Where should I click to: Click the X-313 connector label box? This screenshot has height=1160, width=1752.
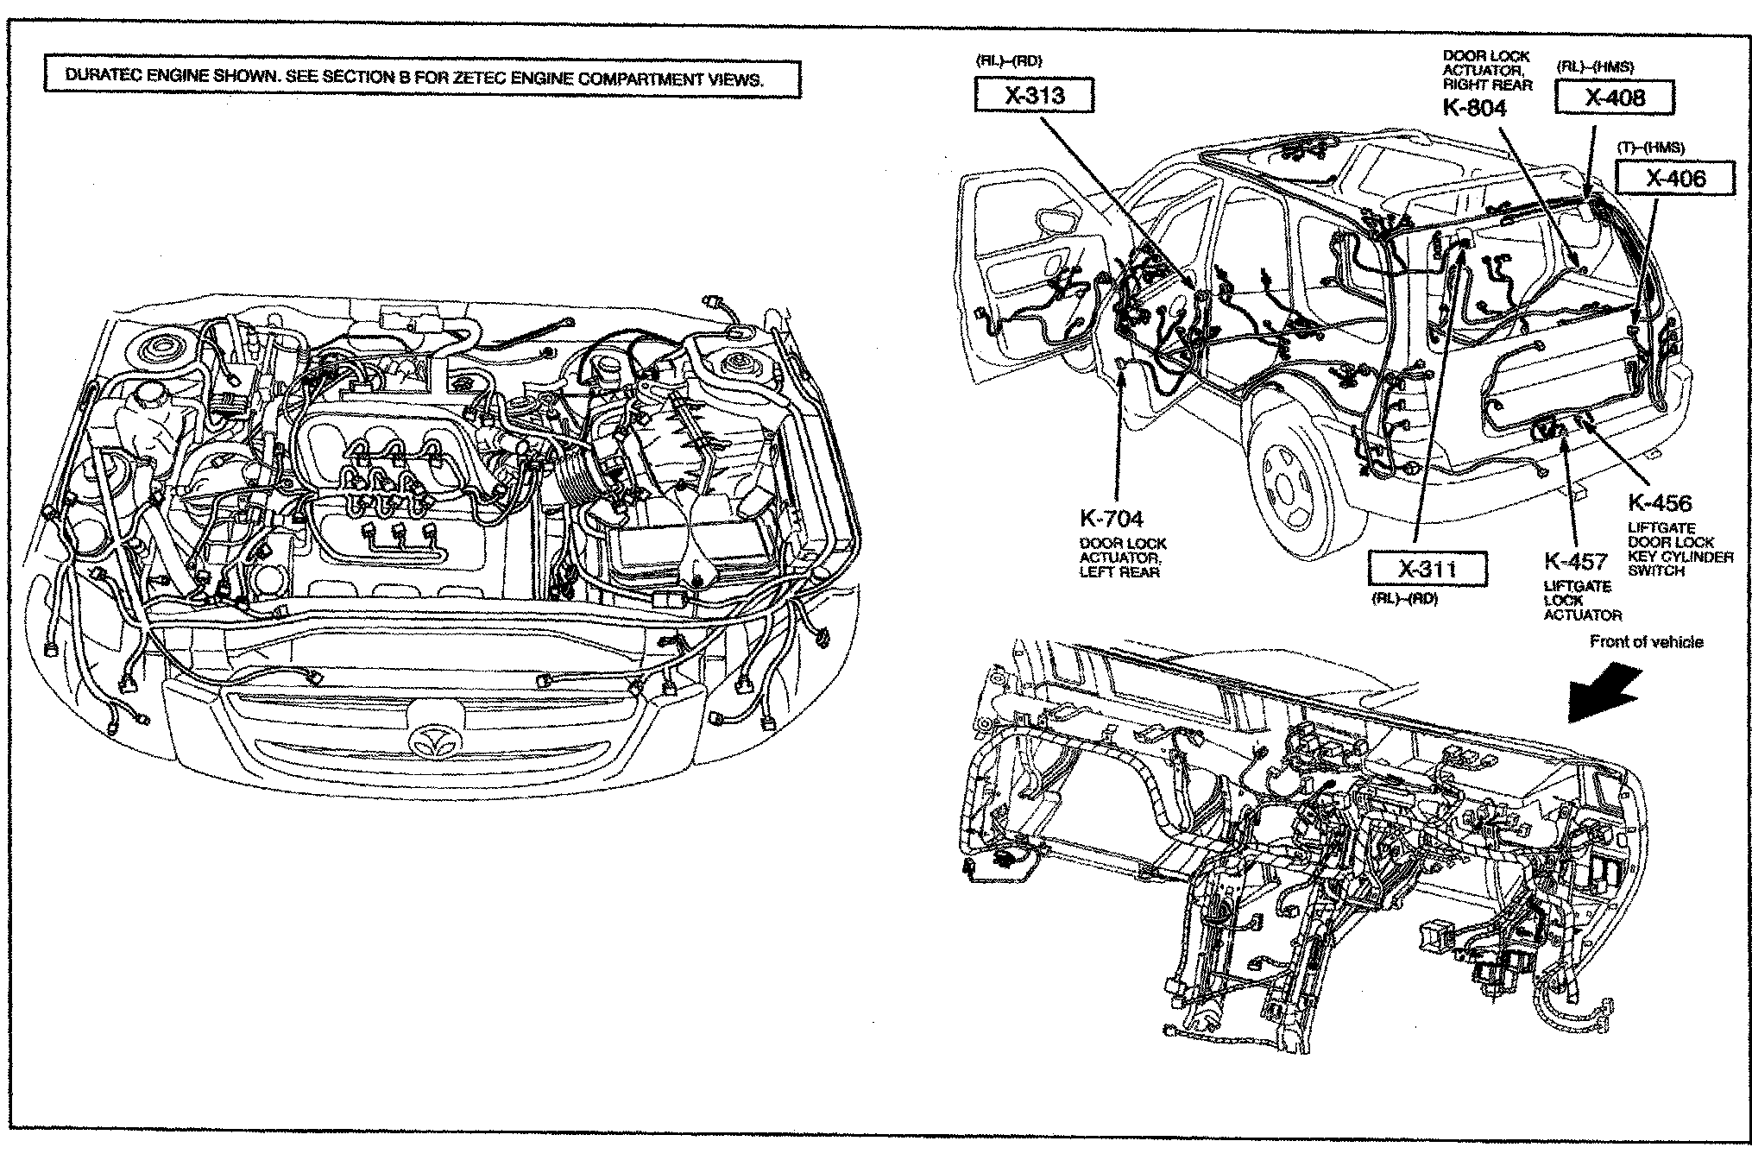(1033, 95)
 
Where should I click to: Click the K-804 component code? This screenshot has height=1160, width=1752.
(1474, 108)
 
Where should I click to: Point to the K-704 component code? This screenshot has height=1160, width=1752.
(1111, 519)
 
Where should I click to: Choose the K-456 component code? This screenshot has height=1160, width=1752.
(1660, 503)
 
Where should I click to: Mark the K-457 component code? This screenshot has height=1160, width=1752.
(1575, 562)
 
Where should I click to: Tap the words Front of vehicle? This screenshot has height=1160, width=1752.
(1646, 642)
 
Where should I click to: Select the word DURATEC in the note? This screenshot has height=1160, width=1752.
(104, 76)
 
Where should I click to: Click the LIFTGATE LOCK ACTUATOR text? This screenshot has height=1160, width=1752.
(1582, 601)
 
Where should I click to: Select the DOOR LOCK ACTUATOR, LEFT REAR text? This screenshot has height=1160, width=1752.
(1122, 558)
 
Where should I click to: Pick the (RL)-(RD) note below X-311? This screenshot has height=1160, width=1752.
(1404, 599)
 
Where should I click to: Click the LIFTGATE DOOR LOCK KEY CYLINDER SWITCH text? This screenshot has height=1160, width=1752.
(1680, 549)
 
